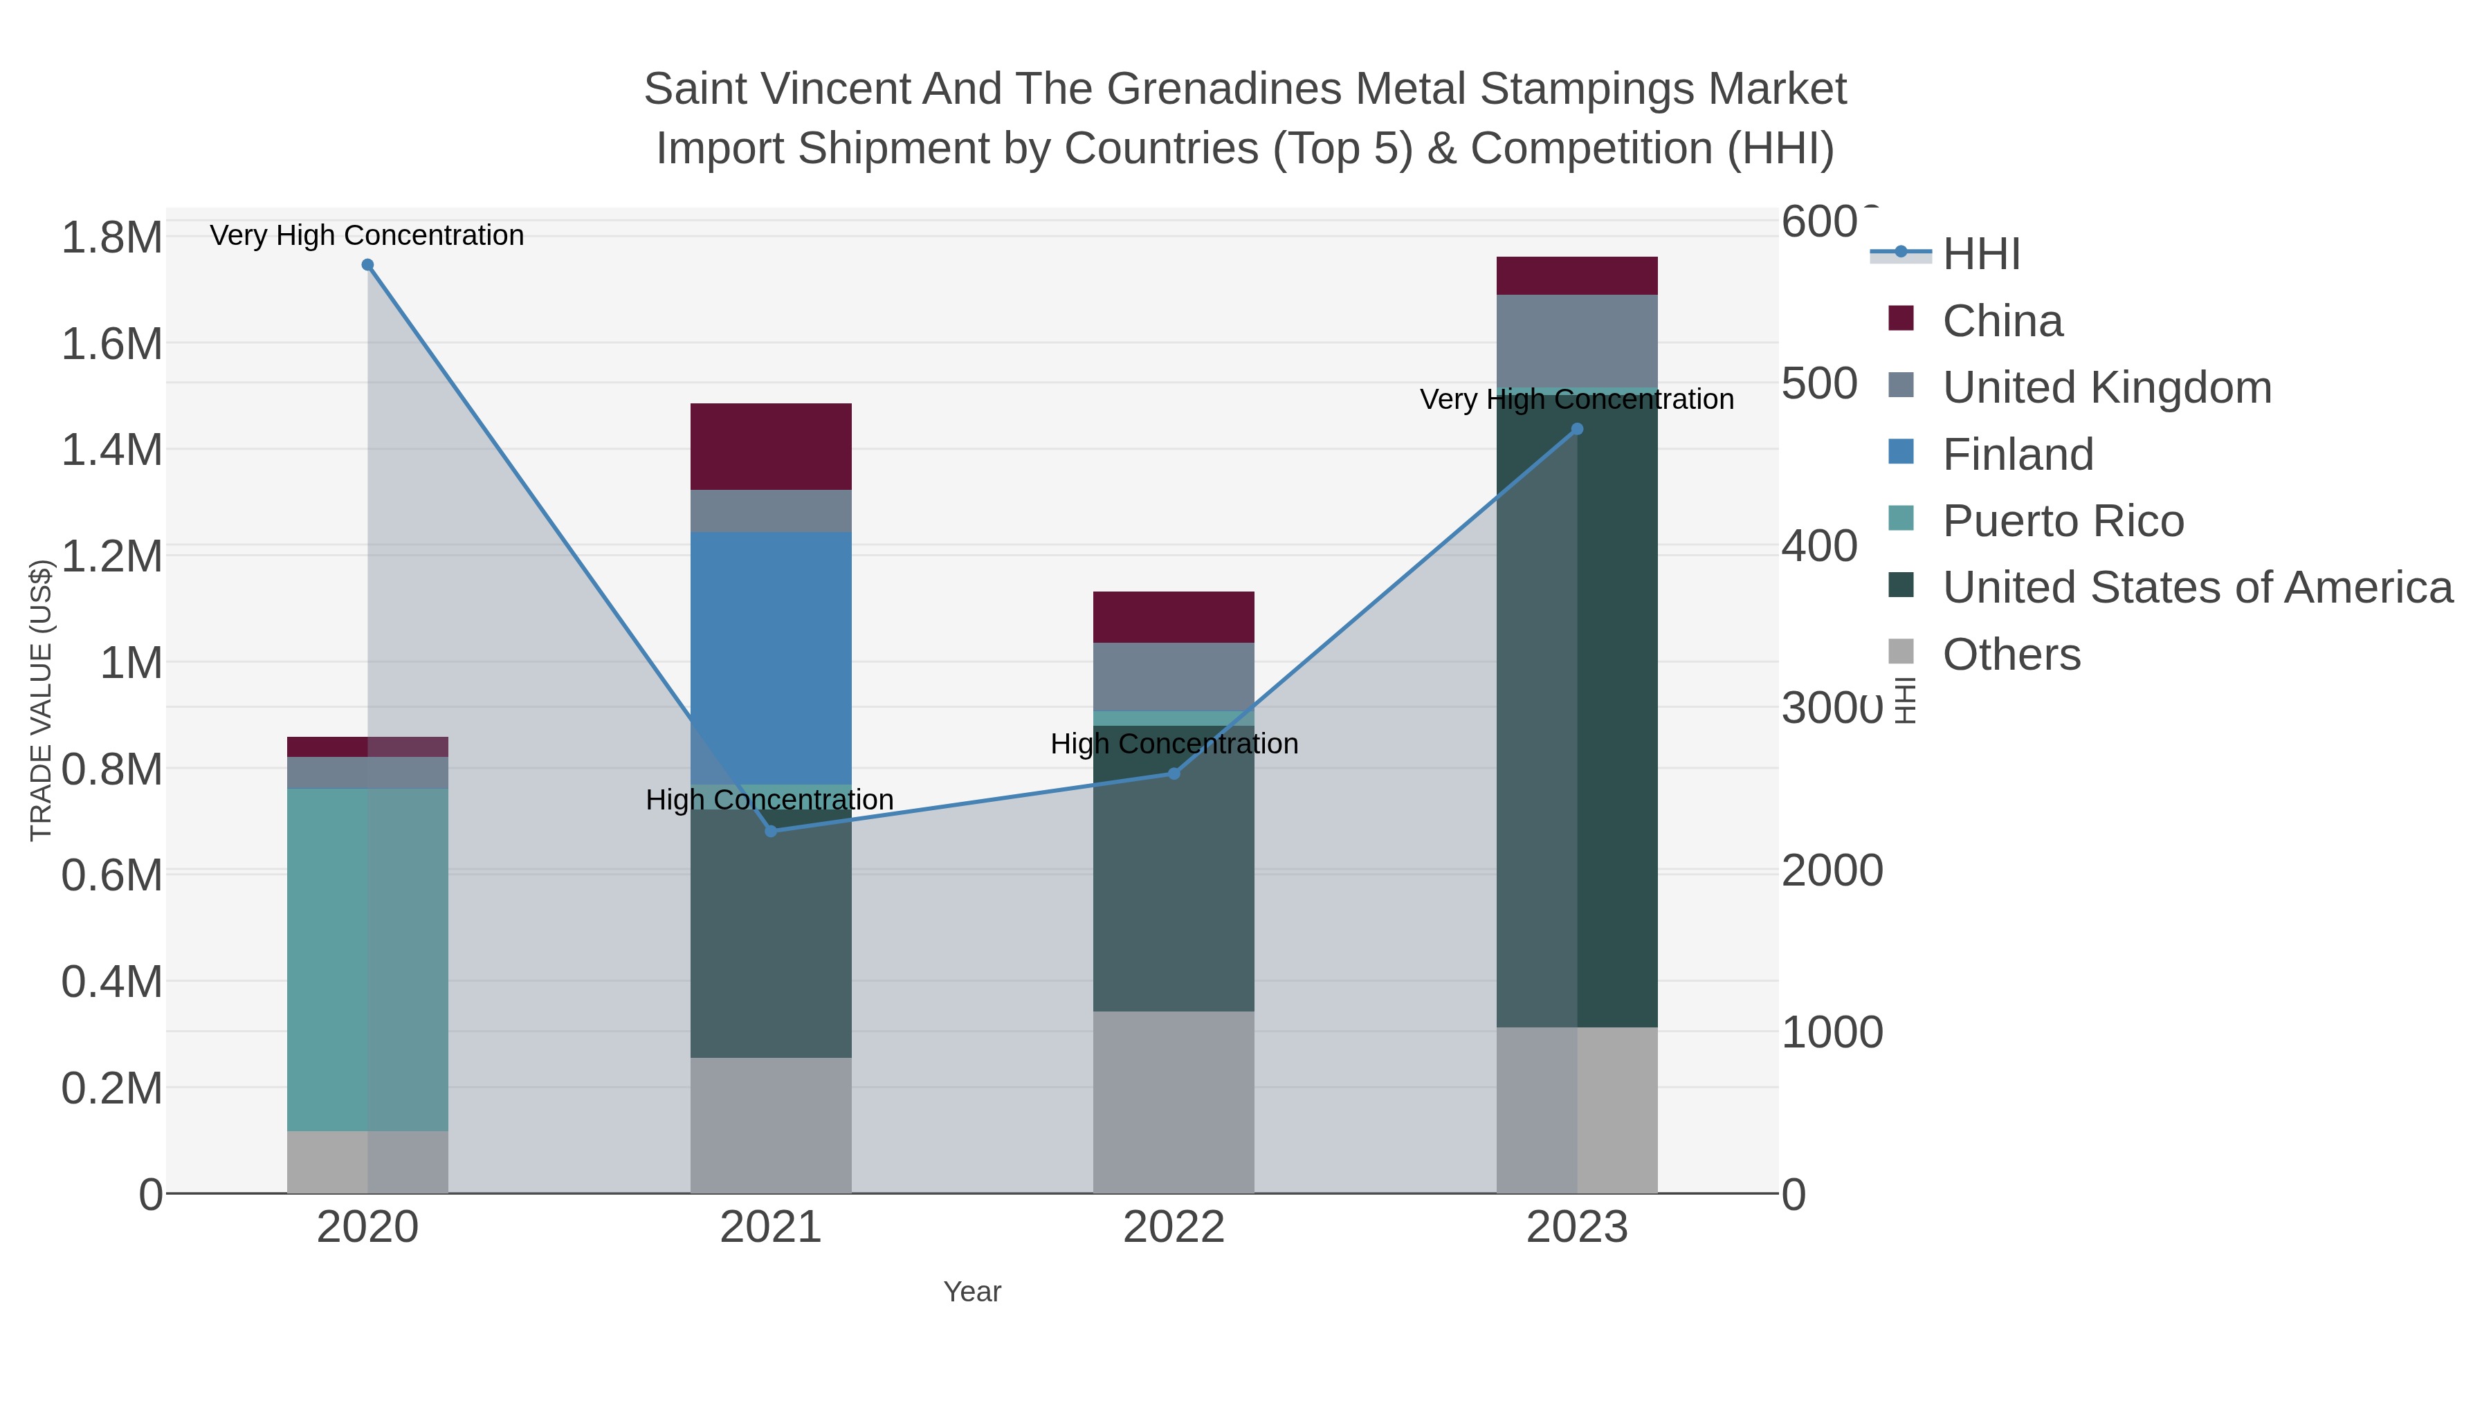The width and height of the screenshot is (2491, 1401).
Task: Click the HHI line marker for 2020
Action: pos(367,265)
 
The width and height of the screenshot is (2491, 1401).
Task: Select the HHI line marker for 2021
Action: pos(771,832)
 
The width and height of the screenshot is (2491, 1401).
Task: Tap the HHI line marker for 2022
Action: pos(1174,773)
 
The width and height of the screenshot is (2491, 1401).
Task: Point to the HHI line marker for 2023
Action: pos(1577,429)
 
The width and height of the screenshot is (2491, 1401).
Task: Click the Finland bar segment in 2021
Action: pos(771,657)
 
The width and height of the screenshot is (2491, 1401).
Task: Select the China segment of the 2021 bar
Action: pos(771,447)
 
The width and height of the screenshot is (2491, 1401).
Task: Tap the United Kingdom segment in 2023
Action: pos(1577,340)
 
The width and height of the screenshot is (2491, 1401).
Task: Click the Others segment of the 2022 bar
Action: pos(1174,1102)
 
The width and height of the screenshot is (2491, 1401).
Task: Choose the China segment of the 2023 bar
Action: pos(1577,275)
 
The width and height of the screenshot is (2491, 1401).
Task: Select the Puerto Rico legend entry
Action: pos(2063,521)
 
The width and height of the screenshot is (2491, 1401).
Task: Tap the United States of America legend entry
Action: pos(2197,588)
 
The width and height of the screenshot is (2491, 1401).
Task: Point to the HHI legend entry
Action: pos(1980,255)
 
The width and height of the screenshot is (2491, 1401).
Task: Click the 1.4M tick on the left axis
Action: pos(112,450)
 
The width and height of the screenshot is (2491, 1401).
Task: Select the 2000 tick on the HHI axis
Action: pos(1832,871)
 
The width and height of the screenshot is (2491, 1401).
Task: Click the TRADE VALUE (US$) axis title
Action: pos(41,700)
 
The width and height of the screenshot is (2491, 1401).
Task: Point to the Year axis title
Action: pos(972,1292)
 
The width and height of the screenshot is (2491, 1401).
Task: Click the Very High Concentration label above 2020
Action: pos(367,236)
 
